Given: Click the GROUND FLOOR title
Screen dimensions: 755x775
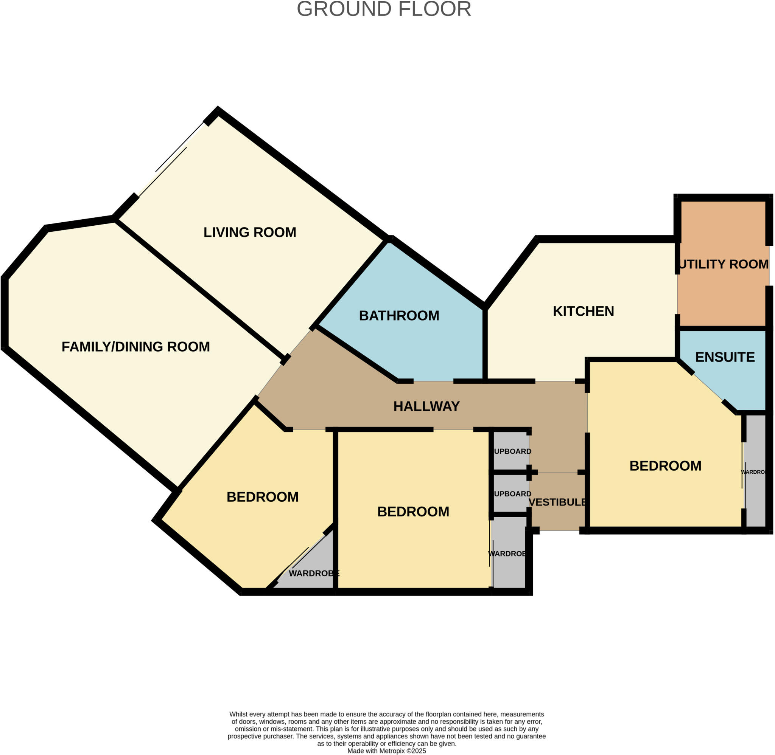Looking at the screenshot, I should click(x=384, y=9).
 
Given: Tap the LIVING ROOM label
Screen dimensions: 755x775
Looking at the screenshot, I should click(x=250, y=233).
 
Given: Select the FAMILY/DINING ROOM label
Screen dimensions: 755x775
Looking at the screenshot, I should click(x=136, y=347).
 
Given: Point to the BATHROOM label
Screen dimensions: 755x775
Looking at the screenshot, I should click(x=399, y=316).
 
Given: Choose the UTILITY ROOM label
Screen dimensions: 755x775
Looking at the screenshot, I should click(x=724, y=264).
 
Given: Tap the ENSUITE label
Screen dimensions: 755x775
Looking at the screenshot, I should click(x=725, y=357).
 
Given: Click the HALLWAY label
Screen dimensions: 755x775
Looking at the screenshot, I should click(x=426, y=406).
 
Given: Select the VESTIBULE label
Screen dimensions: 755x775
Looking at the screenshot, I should click(x=557, y=502).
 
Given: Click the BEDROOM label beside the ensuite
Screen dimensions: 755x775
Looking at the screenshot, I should click(x=665, y=466).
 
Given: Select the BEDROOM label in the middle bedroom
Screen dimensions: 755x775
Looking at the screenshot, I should click(x=413, y=512).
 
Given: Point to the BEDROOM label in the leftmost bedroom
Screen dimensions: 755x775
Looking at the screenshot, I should click(x=262, y=497).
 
